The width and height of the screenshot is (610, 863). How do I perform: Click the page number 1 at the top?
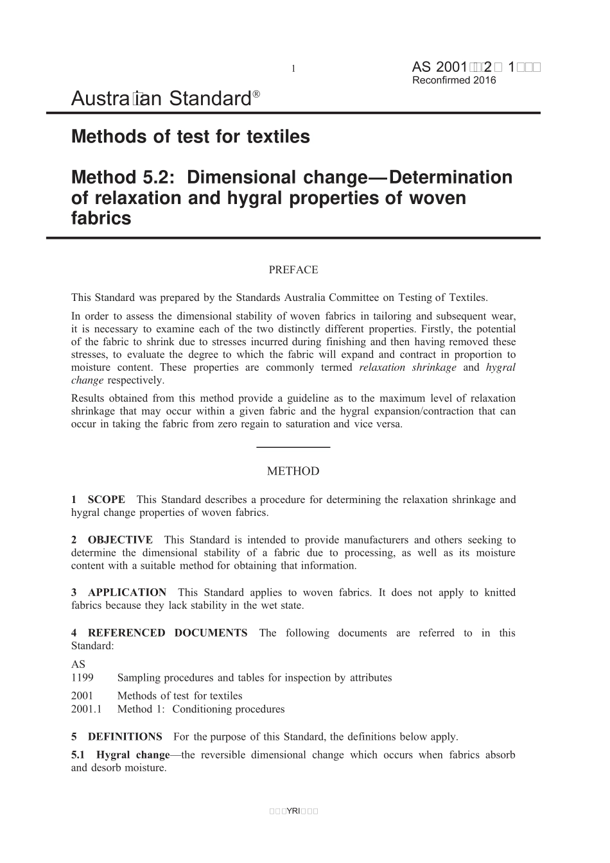[293, 69]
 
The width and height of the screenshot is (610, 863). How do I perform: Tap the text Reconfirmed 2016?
[454, 80]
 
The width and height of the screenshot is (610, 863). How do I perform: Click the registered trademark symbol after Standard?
[256, 94]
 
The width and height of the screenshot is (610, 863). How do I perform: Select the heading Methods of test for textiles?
[191, 137]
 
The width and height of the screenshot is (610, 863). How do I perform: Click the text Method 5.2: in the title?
[124, 177]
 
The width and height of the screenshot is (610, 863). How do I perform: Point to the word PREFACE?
[293, 270]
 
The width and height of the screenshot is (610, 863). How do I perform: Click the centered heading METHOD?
[293, 471]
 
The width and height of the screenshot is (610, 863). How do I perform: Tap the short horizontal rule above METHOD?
[293, 447]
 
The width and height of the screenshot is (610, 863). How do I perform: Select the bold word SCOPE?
[107, 500]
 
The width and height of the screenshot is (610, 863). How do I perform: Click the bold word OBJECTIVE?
[120, 540]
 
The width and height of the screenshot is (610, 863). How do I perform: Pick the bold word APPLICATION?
[127, 593]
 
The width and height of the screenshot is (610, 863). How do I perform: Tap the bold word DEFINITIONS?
[125, 737]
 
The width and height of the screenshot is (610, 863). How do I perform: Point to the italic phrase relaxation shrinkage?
[408, 368]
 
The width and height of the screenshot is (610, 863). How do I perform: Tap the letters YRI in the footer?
[293, 811]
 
